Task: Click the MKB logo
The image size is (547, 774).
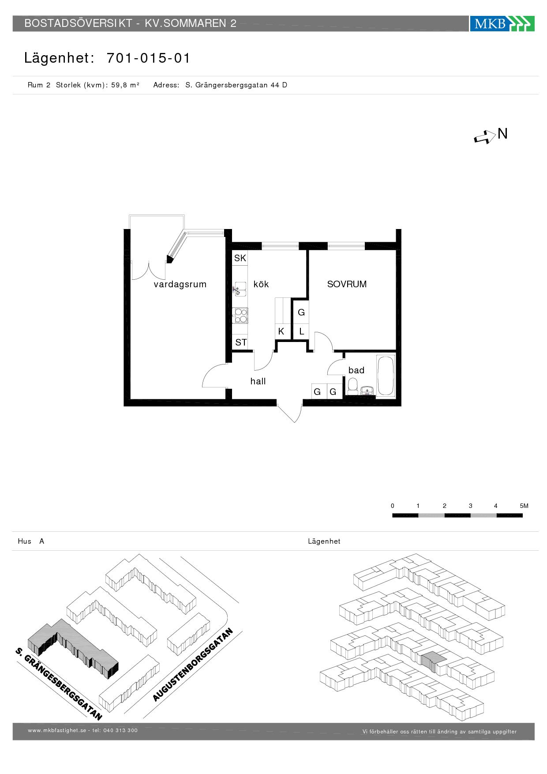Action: coord(502,23)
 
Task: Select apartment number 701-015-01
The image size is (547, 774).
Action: coord(148,58)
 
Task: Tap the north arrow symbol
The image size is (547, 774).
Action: coord(485,137)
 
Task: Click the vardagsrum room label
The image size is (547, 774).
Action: coord(180,284)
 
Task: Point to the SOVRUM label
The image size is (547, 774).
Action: coord(347,284)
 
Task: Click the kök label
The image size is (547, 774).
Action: coord(261,284)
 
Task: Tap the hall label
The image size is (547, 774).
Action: coord(258,381)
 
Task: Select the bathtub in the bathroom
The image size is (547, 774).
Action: coord(386,376)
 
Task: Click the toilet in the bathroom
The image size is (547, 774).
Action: coord(352,387)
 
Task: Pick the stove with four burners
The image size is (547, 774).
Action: coord(241,316)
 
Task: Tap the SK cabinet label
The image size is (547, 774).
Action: coord(240,258)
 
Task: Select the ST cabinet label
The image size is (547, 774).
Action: coord(241,342)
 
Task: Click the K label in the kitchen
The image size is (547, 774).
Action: coord(281,331)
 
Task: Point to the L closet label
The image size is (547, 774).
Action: coord(302,331)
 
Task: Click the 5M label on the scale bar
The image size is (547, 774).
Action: coord(524,506)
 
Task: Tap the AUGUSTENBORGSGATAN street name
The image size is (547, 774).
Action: coord(193,665)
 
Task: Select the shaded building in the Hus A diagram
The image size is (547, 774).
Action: coord(73,649)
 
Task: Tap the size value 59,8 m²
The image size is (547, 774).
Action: coord(125,85)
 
